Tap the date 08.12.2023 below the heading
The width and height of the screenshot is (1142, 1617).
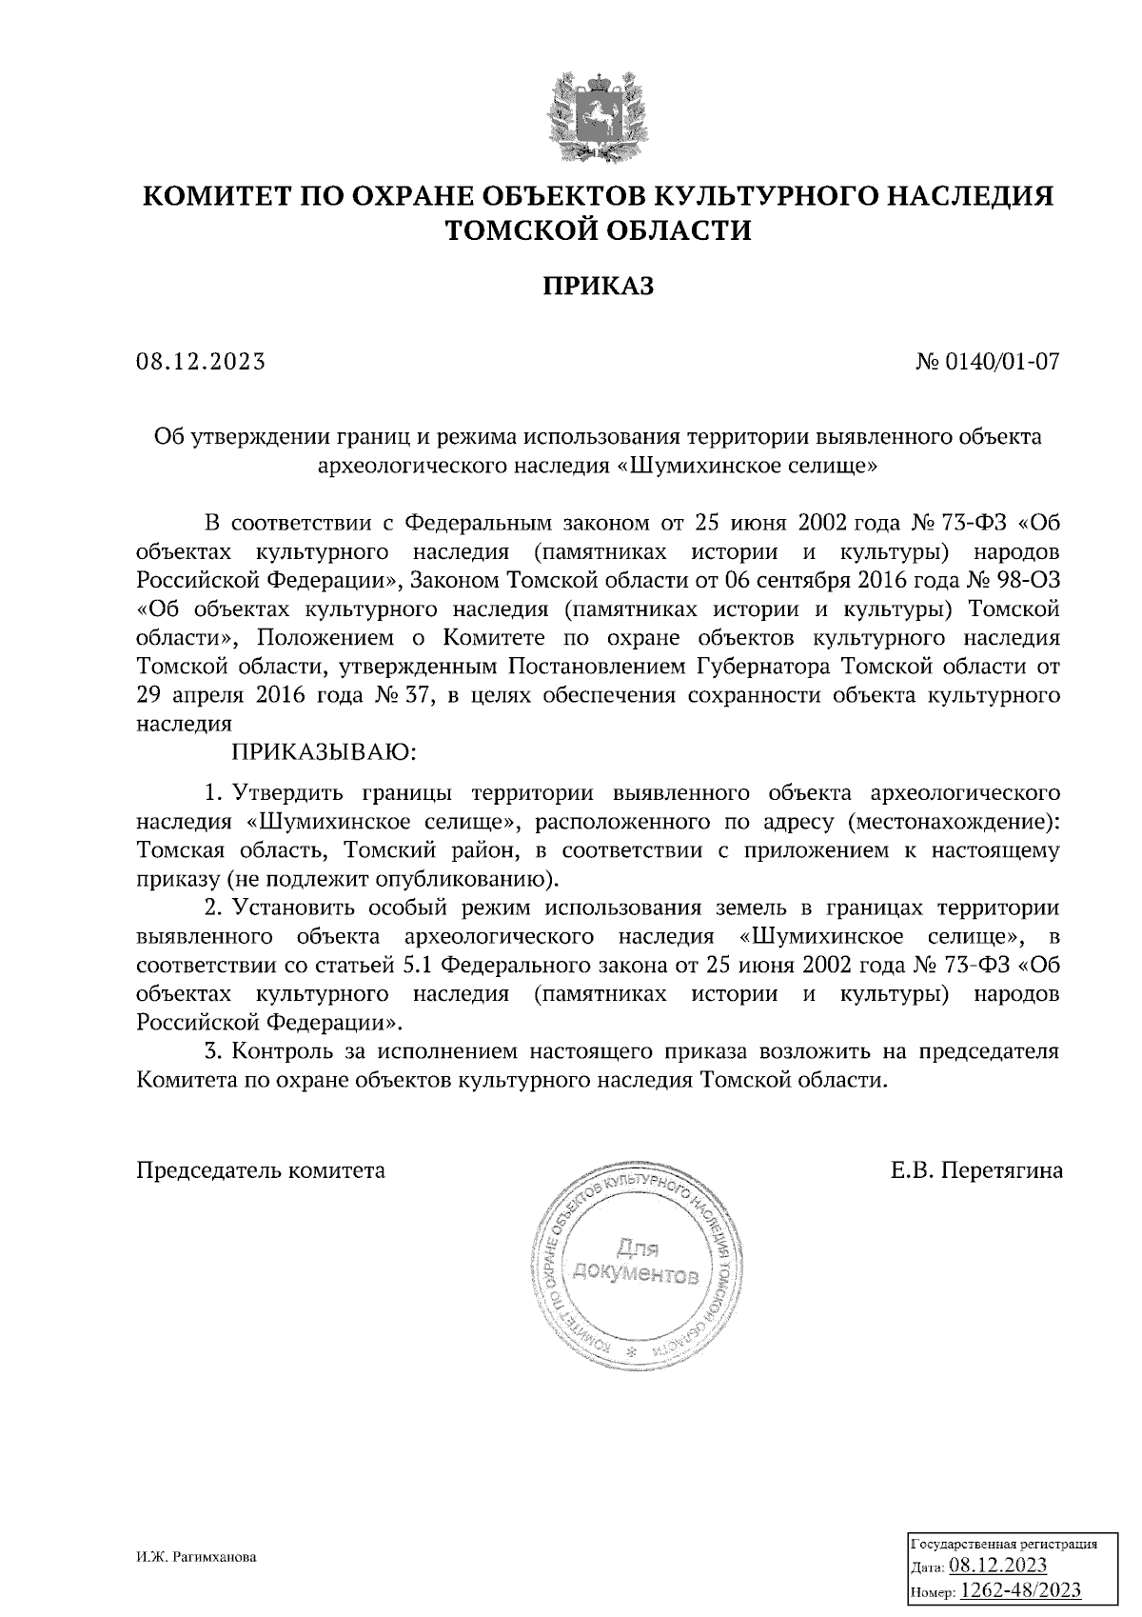point(200,362)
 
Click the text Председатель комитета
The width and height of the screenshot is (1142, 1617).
point(261,1170)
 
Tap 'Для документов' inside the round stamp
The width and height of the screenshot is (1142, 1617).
point(636,1261)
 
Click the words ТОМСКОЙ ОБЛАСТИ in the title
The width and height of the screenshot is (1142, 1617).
point(599,230)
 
